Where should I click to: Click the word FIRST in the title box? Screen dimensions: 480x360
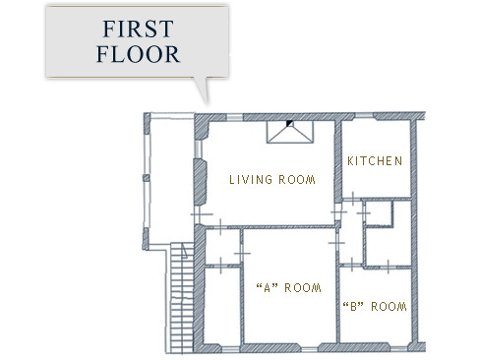point(138,29)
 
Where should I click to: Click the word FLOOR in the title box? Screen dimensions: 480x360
point(138,54)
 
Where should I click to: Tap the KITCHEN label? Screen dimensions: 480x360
point(375,161)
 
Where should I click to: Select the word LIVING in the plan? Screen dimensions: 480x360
point(251,180)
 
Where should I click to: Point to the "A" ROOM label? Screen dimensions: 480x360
point(288,288)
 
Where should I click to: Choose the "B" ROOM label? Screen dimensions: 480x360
point(375,307)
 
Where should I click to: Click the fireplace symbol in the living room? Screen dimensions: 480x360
point(290,132)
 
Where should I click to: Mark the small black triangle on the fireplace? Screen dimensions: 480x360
point(289,123)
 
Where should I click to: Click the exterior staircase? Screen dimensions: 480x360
point(182,298)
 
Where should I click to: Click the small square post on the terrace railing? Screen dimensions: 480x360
point(147,178)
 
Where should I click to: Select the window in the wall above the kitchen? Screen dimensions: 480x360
point(364,116)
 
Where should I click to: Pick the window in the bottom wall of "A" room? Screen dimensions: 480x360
point(309,349)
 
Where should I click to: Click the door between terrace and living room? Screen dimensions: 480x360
point(199,214)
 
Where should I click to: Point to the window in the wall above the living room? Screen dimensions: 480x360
point(234,117)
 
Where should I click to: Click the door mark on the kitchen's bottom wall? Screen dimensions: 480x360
point(353,199)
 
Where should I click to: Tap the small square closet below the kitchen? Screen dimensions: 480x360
point(380,213)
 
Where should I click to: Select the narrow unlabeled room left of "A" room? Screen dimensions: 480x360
point(222,306)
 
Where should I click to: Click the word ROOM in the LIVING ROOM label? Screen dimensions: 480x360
point(297,180)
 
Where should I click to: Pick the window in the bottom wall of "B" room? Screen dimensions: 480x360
point(398,347)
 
